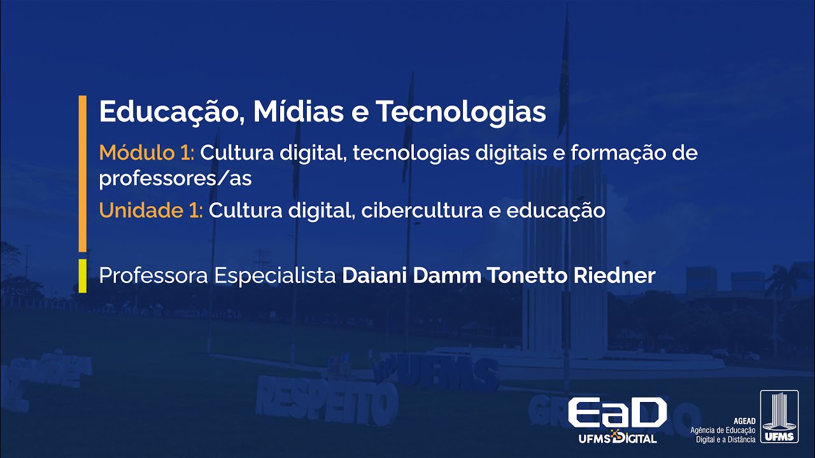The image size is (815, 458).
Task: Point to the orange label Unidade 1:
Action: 150,211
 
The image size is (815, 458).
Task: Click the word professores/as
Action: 175,179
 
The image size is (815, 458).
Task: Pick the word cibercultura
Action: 422,211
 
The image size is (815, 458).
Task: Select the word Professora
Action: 153,276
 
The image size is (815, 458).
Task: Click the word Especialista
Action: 275,276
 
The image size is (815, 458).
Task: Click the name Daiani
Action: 375,276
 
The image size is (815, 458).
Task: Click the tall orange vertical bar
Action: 82,173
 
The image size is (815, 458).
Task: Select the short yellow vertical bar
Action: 82,275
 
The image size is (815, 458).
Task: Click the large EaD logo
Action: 617,414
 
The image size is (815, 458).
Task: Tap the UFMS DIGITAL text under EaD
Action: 617,438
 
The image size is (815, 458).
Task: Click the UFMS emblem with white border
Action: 779,417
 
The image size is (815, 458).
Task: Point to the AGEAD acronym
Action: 744,421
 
